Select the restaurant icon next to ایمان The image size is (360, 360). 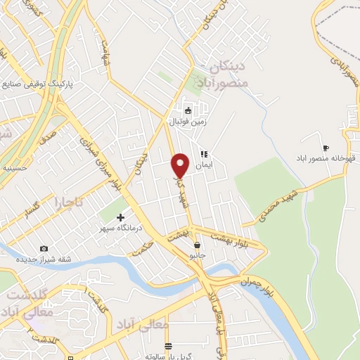click(x=204, y=153)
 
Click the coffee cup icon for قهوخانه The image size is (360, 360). click(x=325, y=148)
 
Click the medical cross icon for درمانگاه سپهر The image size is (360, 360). click(x=120, y=217)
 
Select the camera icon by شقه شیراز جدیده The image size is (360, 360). click(x=44, y=248)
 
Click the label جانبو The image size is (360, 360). click(x=198, y=256)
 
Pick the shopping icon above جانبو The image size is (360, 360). click(x=198, y=245)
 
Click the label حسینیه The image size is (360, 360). click(x=15, y=169)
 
